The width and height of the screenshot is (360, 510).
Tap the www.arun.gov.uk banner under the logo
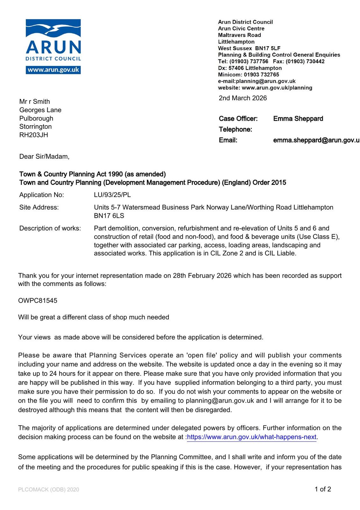coord(53,70)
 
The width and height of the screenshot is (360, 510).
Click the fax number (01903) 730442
coord(306,61)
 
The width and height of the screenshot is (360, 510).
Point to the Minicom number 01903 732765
coord(262,75)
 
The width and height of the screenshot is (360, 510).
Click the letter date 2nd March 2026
coord(243,98)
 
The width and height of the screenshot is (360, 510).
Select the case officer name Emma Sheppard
coord(298,119)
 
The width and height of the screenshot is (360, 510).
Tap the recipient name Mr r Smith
coord(34,101)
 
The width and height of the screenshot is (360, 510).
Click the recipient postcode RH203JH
coord(33,135)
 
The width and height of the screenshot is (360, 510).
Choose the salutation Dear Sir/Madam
coord(44,157)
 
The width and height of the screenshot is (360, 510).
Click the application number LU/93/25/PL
coord(112,195)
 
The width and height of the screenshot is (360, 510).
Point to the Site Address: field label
coord(39,207)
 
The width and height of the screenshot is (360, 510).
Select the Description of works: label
coord(50,228)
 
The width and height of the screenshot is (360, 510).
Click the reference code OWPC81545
coord(38,301)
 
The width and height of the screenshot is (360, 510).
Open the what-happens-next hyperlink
coord(252,437)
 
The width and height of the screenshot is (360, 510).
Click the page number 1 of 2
coord(323,489)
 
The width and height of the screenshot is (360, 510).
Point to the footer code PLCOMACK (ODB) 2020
coord(48,490)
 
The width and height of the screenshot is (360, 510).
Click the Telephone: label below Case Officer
coord(235,129)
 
